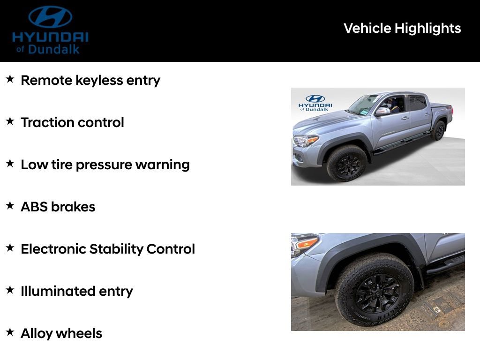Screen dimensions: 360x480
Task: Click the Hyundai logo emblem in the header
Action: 50,17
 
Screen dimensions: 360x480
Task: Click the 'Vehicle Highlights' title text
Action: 402,28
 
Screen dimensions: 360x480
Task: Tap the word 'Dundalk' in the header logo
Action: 54,49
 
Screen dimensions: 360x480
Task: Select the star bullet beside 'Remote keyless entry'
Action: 10,79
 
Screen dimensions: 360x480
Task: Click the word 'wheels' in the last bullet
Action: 80,333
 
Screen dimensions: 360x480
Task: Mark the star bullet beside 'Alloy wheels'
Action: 10,332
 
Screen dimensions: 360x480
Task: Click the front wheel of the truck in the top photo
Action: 347,163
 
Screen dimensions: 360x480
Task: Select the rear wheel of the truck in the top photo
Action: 439,130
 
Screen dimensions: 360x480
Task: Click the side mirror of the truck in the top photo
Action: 382,112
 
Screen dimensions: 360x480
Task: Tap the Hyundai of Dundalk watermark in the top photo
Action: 315,103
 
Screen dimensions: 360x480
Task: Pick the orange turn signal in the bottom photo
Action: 307,243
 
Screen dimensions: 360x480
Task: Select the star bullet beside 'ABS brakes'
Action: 10,206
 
